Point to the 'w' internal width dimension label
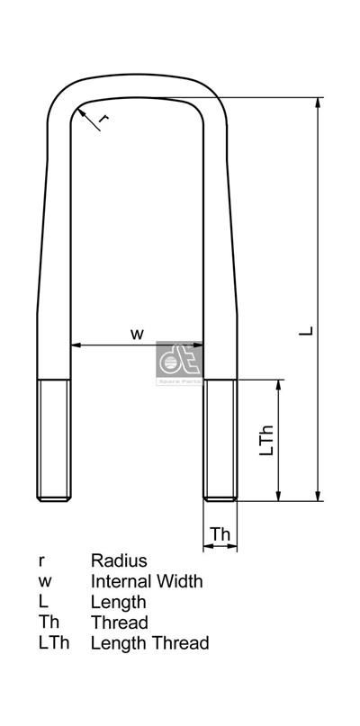click(x=137, y=333)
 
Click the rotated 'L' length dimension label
click(x=307, y=330)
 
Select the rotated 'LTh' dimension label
click(x=266, y=439)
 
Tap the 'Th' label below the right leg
click(x=220, y=534)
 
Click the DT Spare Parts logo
click(x=178, y=362)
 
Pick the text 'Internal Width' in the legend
click(x=147, y=582)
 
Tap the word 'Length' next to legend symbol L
click(x=118, y=602)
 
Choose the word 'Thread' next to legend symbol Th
click(x=119, y=623)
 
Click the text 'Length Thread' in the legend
click(x=149, y=642)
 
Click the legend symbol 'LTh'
click(x=53, y=642)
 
